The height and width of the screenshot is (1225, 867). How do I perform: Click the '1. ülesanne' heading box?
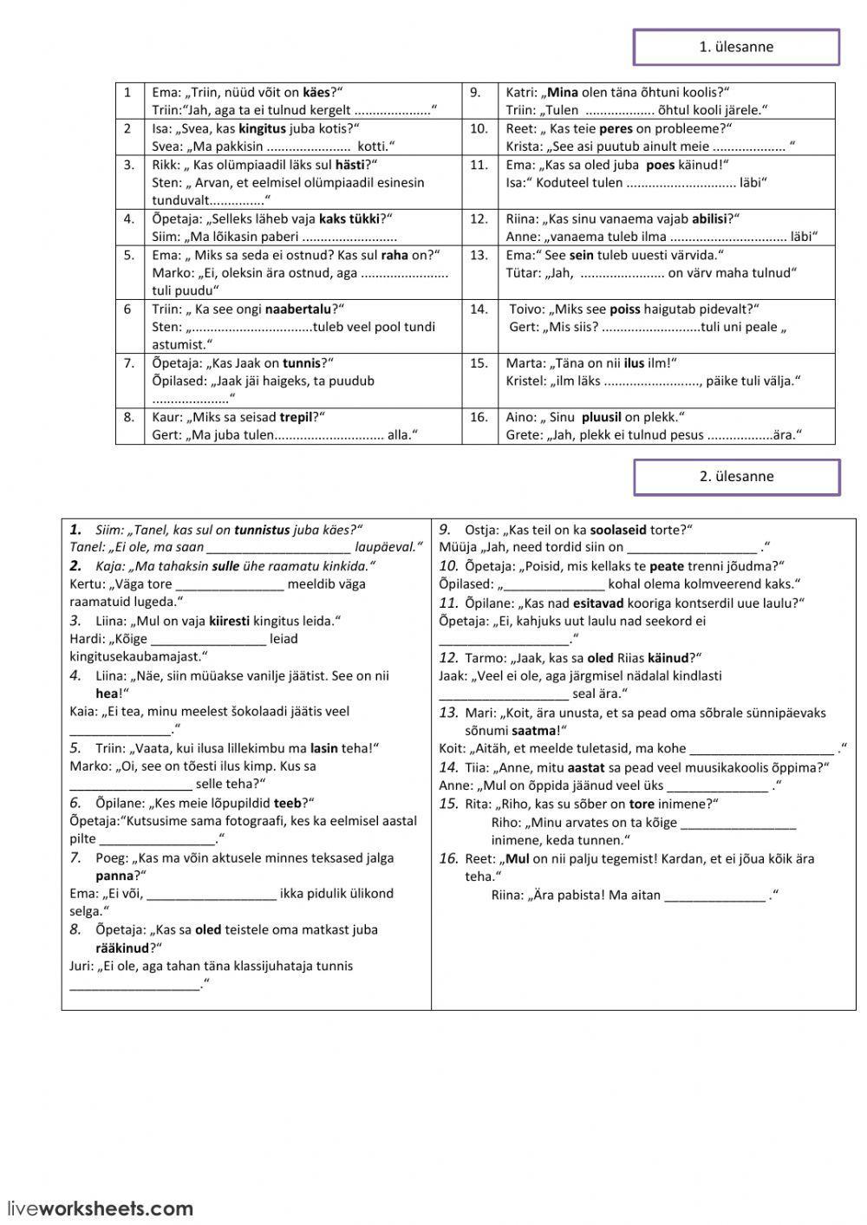(x=736, y=48)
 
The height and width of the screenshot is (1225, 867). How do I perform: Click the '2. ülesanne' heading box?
(x=736, y=477)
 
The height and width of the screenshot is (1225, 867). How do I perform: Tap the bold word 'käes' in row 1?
(x=316, y=92)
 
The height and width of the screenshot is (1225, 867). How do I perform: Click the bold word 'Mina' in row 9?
(x=563, y=92)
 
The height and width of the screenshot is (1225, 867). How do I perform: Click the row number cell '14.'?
(x=479, y=309)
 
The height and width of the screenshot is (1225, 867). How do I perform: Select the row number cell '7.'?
(x=129, y=362)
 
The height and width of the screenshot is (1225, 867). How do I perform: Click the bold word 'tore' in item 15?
(x=642, y=804)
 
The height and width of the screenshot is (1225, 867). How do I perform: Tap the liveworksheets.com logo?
(x=100, y=1209)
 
